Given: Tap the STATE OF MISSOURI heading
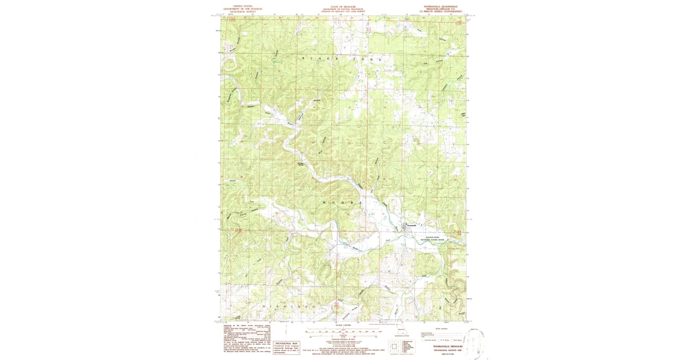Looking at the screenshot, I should pyautogui.click(x=343, y=6).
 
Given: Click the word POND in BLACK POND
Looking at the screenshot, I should pyautogui.click(x=366, y=58).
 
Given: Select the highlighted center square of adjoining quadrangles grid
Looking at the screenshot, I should pyautogui.click(x=394, y=345).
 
